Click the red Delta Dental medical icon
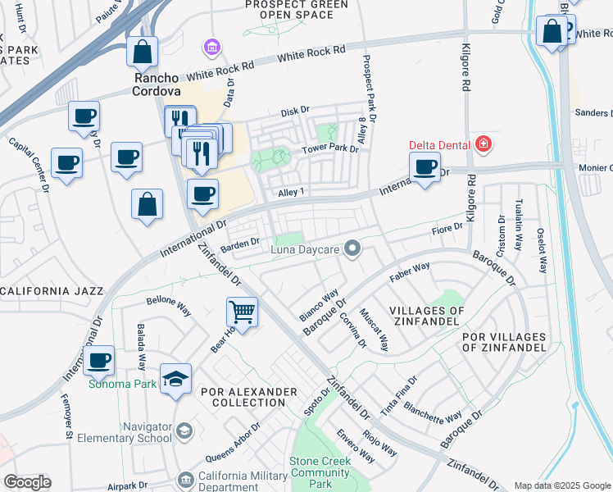tap(483, 145)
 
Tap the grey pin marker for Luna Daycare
tap(352, 248)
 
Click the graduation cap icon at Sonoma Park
tap(175, 379)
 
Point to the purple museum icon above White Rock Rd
tap(212, 48)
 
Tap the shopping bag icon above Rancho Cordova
tap(143, 52)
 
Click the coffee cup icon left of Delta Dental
tap(424, 168)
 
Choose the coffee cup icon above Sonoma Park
tap(98, 360)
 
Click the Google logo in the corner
tap(27, 482)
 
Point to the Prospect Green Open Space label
tap(297, 10)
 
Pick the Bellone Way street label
tap(168, 305)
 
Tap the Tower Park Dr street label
tap(330, 149)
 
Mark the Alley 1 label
tap(291, 192)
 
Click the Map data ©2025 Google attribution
tap(561, 485)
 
